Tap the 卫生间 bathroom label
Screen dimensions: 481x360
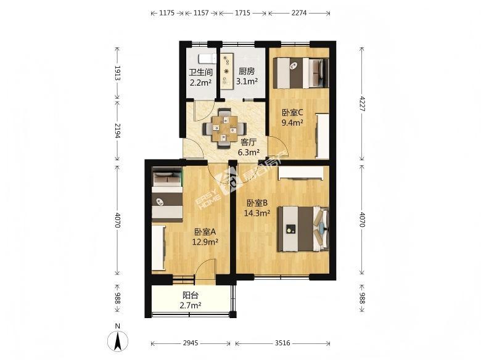(200, 72)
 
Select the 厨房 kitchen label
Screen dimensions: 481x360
(247, 72)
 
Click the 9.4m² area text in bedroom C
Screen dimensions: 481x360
(293, 123)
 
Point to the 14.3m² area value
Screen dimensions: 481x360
(257, 213)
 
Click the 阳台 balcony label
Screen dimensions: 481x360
(191, 295)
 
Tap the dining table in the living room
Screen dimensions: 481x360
(224, 129)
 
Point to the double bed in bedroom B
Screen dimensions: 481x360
(303, 229)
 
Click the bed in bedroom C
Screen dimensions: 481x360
(301, 73)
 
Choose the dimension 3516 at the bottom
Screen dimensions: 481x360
(282, 343)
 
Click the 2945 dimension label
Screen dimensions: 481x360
(191, 343)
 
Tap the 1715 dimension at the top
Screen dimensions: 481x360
(242, 13)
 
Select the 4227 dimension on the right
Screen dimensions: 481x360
(362, 104)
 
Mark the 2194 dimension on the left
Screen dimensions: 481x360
(118, 130)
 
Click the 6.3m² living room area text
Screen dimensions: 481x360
(249, 152)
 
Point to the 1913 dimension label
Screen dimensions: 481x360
(118, 73)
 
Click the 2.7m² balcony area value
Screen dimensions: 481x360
(190, 305)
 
